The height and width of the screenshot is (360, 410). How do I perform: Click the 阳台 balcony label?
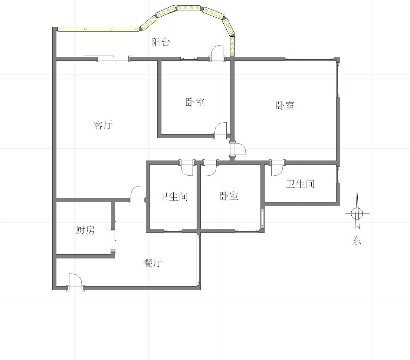161,42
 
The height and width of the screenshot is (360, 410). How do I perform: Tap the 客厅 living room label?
103,125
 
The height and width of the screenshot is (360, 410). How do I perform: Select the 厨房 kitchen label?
85,230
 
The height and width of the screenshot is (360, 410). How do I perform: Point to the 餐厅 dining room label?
153,263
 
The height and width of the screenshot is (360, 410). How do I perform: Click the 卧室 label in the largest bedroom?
285,106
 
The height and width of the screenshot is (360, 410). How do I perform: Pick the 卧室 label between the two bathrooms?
229,196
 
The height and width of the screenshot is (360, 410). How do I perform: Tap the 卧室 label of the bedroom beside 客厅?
195,102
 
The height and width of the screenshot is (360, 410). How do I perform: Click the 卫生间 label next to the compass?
300,184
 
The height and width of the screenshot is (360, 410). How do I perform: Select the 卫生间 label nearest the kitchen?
173,196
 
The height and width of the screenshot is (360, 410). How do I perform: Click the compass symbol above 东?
357,213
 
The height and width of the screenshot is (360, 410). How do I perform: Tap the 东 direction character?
357,241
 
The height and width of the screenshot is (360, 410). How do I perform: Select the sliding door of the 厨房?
113,236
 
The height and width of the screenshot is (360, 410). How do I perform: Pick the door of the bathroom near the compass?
277,168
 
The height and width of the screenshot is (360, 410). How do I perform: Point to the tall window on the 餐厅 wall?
199,260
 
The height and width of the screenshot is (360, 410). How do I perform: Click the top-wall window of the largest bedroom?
310,59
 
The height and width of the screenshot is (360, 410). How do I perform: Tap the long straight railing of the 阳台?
98,29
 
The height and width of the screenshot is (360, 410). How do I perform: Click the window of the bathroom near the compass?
338,175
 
